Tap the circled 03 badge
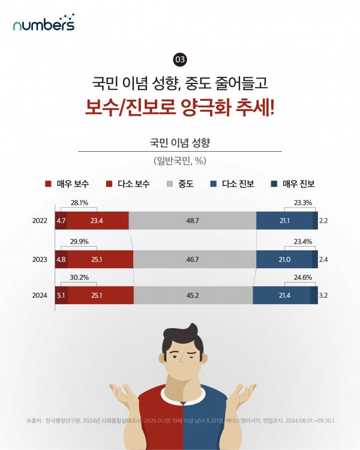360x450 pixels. coord(180,60)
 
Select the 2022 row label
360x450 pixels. coord(40,221)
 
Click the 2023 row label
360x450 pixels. coord(40,259)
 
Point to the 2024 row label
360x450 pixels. coord(40,295)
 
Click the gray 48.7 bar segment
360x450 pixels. coord(193,221)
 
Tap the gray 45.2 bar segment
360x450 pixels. coord(193,295)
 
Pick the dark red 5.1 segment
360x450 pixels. coord(61,295)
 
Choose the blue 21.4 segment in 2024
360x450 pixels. coord(281,295)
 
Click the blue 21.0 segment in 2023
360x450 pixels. coord(284,259)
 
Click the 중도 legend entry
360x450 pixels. coord(180,184)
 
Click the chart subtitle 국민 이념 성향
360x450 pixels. coord(180,143)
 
